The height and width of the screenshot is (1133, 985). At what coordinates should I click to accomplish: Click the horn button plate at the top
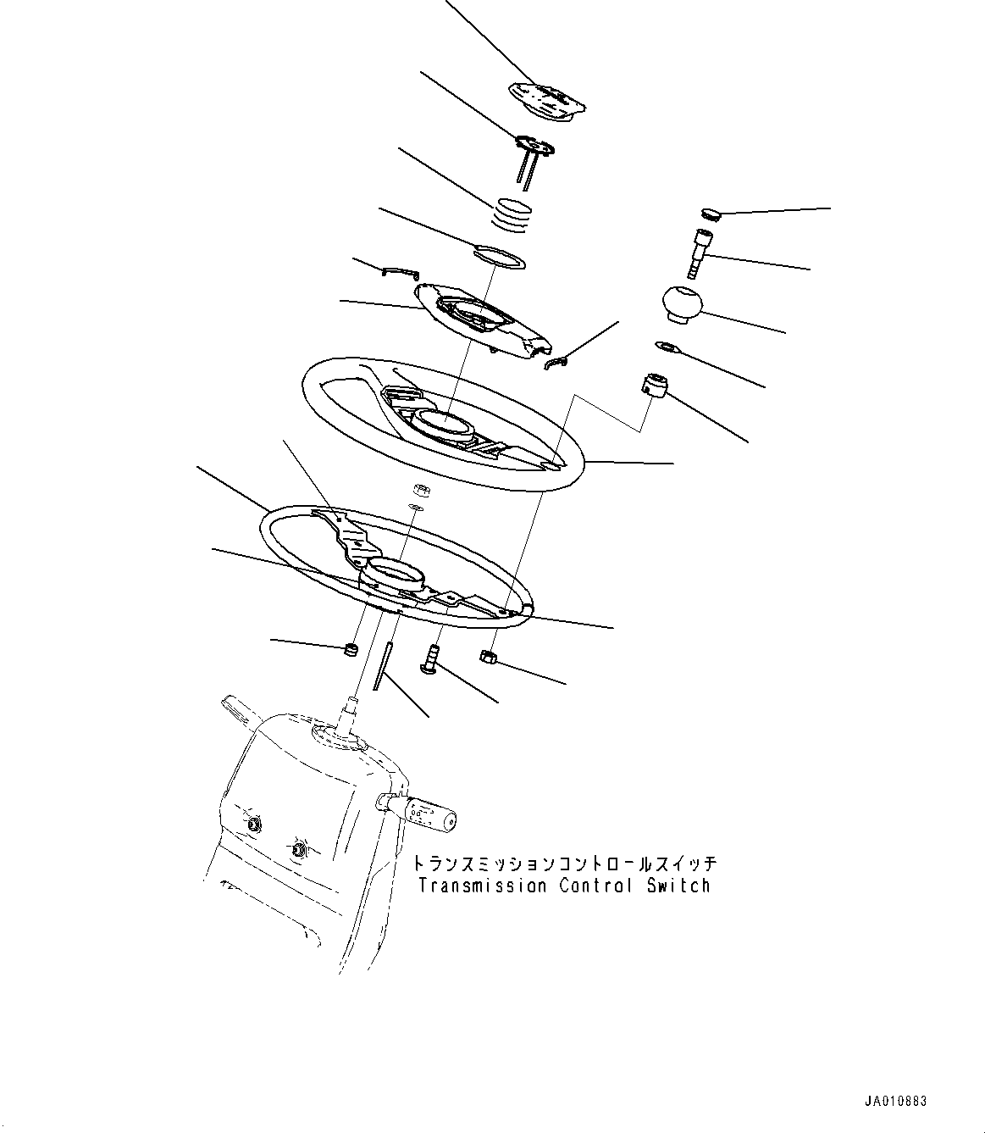[x=548, y=99]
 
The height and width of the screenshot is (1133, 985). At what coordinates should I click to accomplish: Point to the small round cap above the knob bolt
[x=711, y=213]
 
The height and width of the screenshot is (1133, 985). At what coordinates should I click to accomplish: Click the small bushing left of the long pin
[x=349, y=650]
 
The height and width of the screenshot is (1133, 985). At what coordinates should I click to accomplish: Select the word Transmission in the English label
[x=483, y=886]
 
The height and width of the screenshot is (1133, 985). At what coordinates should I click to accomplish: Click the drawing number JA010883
[x=895, y=1101]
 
